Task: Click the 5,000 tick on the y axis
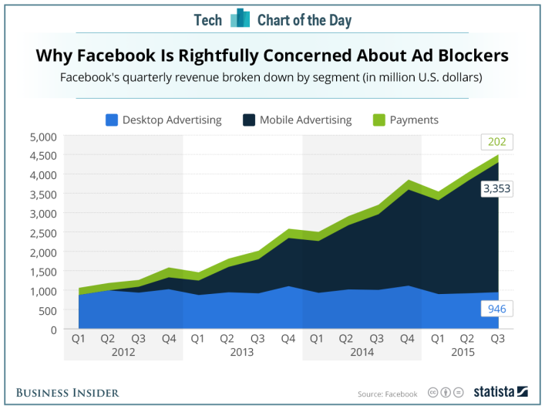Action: pyautogui.click(x=42, y=137)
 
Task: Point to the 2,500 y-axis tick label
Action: pyautogui.click(x=42, y=232)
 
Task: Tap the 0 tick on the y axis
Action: pyautogui.click(x=52, y=330)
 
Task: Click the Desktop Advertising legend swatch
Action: pyautogui.click(x=111, y=120)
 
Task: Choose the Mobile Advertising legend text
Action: pyautogui.click(x=305, y=120)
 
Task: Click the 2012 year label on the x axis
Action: pyautogui.click(x=123, y=352)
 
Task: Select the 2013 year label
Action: pyautogui.click(x=242, y=352)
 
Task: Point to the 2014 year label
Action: pyautogui.click(x=362, y=352)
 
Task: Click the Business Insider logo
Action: pyautogui.click(x=68, y=393)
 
